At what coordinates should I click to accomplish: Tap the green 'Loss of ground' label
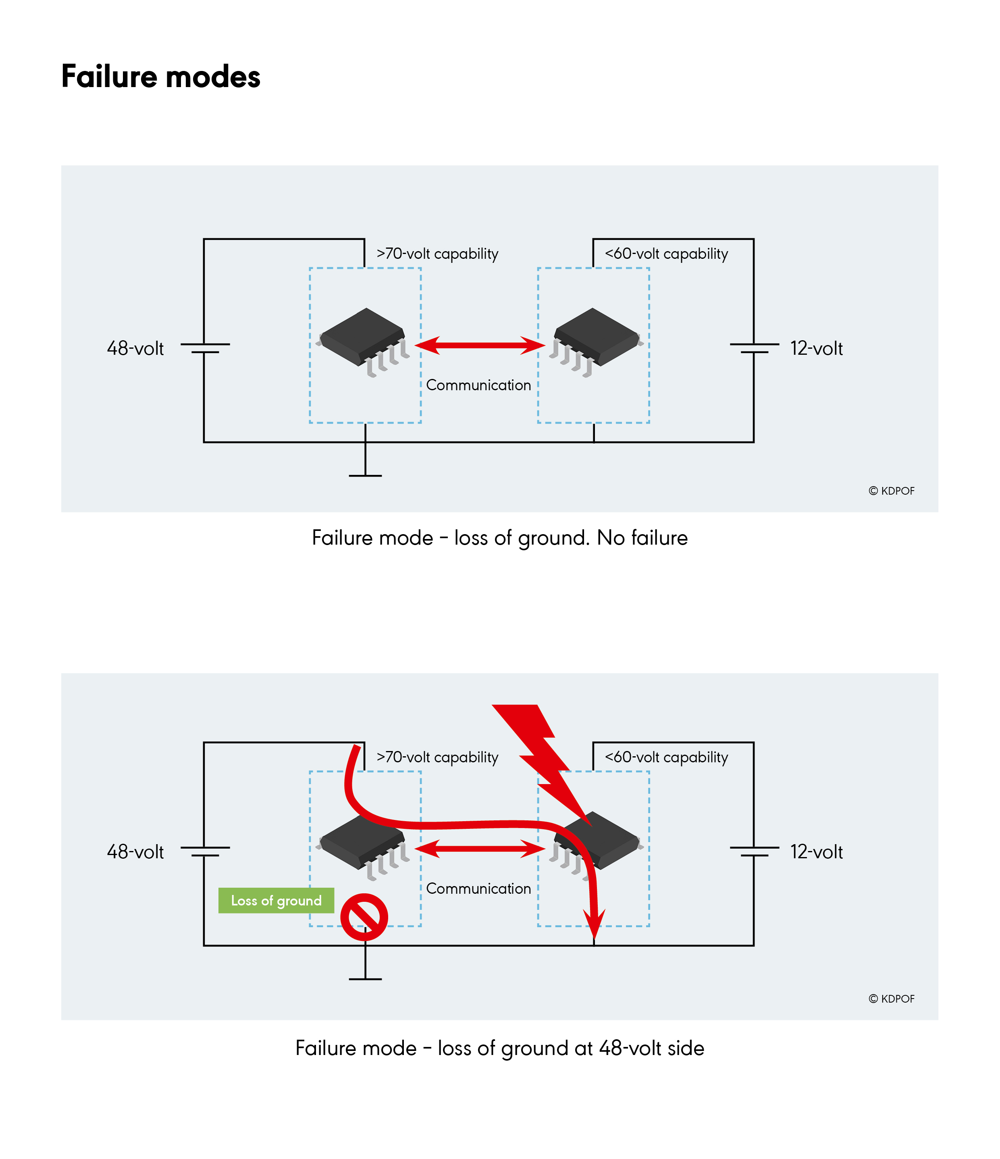[x=276, y=901]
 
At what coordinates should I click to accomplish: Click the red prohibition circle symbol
[x=364, y=917]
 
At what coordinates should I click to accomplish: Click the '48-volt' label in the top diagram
[x=135, y=348]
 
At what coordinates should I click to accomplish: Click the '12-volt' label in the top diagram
[x=816, y=348]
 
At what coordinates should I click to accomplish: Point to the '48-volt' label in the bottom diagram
[x=135, y=852]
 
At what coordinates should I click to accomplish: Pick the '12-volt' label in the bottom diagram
[x=816, y=852]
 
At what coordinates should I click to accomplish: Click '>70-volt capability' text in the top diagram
[x=437, y=254]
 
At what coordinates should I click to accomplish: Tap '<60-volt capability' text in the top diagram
[x=666, y=254]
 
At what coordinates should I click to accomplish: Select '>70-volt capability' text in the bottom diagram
[x=437, y=757]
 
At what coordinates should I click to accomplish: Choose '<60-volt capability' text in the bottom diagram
[x=666, y=757]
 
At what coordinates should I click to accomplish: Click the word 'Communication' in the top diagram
[x=478, y=385]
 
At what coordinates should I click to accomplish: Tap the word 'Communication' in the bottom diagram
[x=478, y=889]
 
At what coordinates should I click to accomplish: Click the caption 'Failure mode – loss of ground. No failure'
[x=499, y=538]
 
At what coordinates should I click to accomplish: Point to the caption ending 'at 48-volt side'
[x=499, y=1048]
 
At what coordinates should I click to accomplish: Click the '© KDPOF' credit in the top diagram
[x=892, y=491]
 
